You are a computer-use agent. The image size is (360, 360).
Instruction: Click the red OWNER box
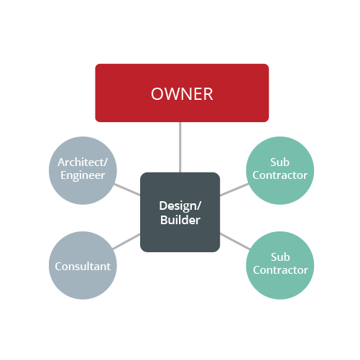coord(182,93)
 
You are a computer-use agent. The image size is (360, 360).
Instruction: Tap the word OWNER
coord(182,94)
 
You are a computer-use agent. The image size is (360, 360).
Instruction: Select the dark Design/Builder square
coord(180,212)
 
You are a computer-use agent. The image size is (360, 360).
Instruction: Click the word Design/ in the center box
coord(180,206)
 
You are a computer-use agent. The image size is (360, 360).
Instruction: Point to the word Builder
coord(180,220)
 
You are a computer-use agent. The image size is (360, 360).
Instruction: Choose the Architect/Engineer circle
coord(83,170)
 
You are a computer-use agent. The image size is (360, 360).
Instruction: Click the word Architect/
coord(83,162)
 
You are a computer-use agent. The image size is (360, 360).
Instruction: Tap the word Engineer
coord(83,175)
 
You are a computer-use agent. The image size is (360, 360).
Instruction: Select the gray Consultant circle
coord(83,265)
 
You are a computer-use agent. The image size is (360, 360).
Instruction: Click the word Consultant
coord(83,267)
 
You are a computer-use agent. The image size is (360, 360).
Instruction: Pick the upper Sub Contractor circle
coord(280,170)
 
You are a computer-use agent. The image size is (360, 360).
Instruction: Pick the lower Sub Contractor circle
coord(280,265)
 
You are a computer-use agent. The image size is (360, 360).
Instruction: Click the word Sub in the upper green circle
coord(280,162)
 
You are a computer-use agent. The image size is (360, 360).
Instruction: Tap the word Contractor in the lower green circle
coord(280,270)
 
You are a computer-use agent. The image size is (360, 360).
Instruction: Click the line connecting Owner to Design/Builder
coord(180,147)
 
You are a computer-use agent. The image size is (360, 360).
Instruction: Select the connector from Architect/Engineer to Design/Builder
coord(127,190)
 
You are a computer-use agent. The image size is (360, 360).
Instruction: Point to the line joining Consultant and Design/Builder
coord(126,241)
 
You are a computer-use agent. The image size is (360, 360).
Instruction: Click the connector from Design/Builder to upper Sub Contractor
coord(234,190)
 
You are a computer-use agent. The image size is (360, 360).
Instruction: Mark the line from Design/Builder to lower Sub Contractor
coord(235,241)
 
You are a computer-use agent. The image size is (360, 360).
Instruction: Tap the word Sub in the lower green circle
coord(280,257)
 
